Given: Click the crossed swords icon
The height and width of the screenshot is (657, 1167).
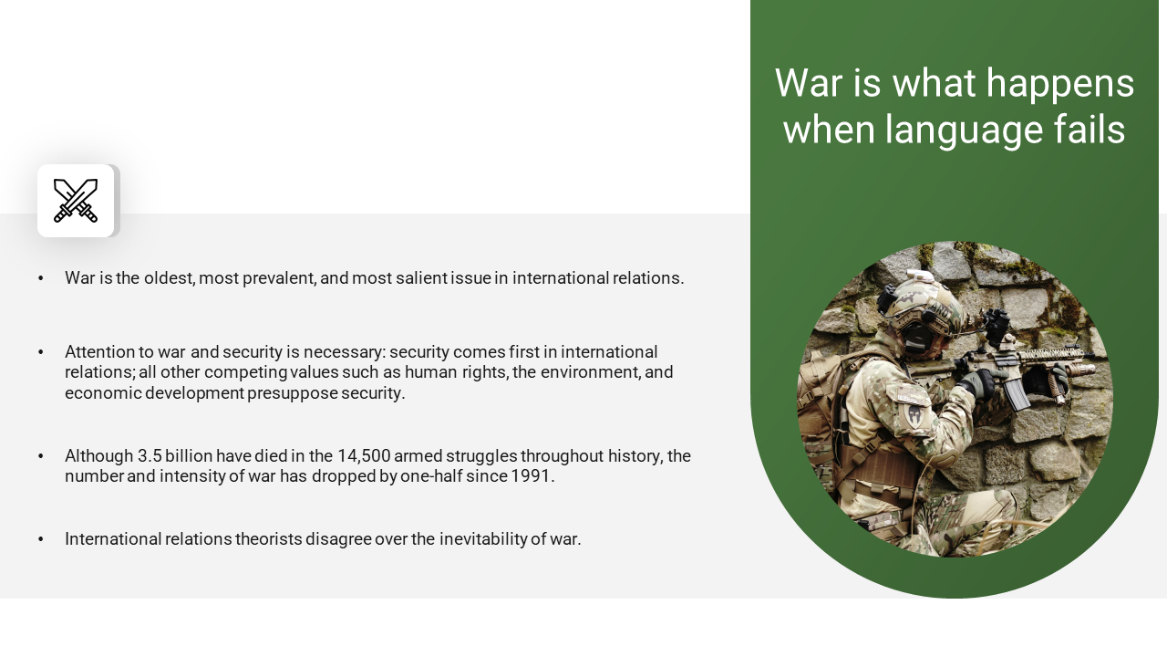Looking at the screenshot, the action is pyautogui.click(x=76, y=201).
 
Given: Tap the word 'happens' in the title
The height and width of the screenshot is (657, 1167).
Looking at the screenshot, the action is pyautogui.click(x=1059, y=84).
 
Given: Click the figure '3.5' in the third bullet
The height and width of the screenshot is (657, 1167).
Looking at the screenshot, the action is pyautogui.click(x=150, y=455).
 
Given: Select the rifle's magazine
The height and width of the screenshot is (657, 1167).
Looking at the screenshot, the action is pyautogui.click(x=1016, y=392).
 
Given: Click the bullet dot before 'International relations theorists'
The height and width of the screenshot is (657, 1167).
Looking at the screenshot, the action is pyautogui.click(x=41, y=539).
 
